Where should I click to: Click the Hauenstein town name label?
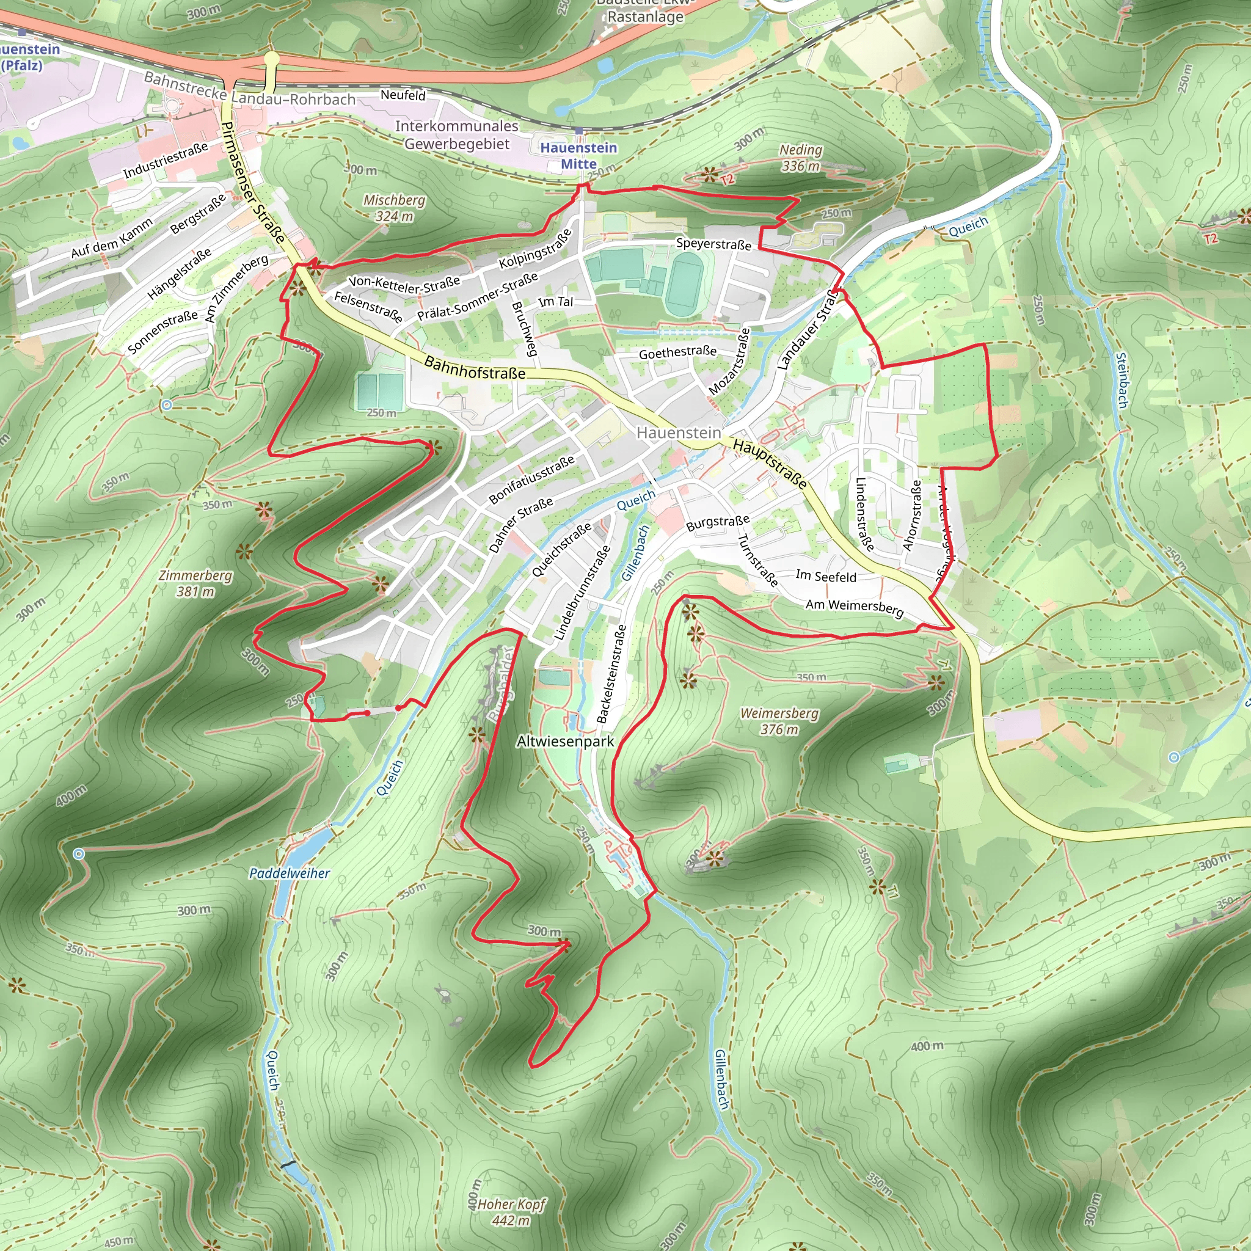[678, 432]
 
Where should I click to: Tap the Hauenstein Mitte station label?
[578, 155]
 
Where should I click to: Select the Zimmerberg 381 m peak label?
[195, 583]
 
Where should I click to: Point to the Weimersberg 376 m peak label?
[779, 721]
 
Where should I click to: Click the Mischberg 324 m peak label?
[394, 208]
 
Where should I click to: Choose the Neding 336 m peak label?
[800, 158]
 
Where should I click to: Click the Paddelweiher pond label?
[290, 873]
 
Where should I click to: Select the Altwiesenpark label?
[564, 742]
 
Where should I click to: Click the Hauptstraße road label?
[770, 464]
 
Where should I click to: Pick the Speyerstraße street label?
[713, 244]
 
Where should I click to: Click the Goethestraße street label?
[677, 352]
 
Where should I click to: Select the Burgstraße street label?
[718, 522]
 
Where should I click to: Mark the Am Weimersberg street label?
[854, 607]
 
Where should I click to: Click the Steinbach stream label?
[1122, 380]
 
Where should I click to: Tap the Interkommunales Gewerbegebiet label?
[457, 134]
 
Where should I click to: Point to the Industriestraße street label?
[166, 159]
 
